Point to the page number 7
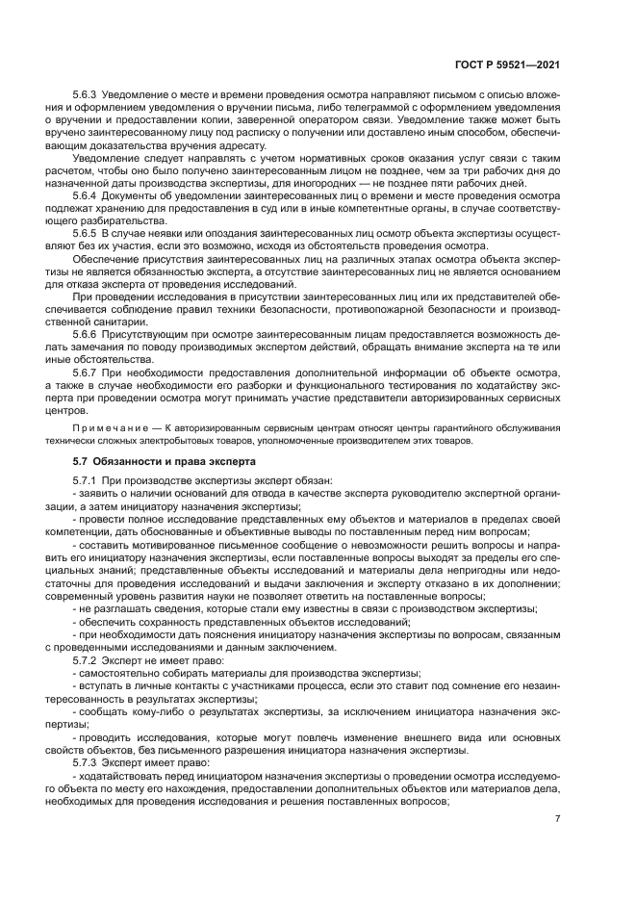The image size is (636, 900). click(558, 819)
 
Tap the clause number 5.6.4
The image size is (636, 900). click(87, 195)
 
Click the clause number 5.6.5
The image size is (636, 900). click(87, 233)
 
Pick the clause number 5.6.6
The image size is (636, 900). click(87, 332)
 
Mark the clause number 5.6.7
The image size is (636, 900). click(87, 371)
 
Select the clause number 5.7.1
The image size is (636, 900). click(87, 480)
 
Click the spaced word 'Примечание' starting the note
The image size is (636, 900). click(113, 427)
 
